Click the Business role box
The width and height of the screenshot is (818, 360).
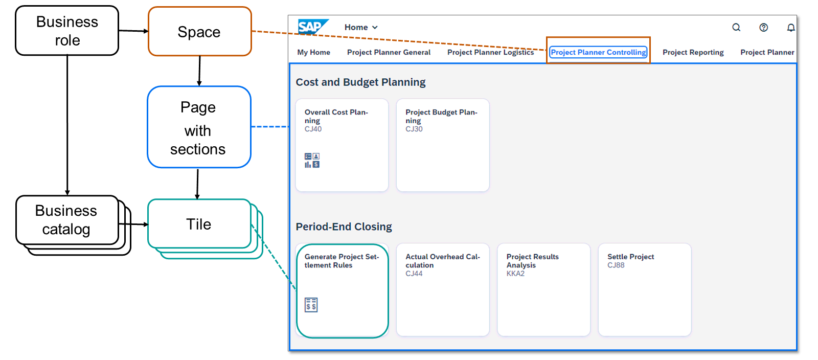[67, 31]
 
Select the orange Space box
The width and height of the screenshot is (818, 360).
[199, 32]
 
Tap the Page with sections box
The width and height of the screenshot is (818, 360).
[199, 127]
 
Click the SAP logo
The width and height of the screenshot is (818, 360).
[311, 27]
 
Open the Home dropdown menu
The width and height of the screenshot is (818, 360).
[361, 27]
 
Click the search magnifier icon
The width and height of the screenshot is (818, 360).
[736, 27]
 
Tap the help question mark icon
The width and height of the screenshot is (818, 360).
[763, 27]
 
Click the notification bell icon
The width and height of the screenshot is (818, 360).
[790, 27]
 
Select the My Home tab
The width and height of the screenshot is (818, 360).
[313, 52]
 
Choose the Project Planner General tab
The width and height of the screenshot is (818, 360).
[389, 52]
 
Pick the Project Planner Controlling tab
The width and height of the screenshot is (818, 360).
[598, 52]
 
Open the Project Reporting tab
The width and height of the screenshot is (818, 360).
[693, 52]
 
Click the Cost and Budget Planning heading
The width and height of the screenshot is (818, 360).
[360, 82]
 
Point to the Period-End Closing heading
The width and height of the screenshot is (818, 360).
[344, 227]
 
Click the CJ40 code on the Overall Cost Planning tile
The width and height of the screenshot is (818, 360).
[313, 129]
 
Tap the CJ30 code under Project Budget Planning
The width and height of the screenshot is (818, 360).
[414, 129]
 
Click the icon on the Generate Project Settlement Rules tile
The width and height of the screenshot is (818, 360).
[311, 305]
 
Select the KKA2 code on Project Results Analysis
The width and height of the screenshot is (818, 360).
[515, 274]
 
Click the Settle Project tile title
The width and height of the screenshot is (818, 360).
[630, 257]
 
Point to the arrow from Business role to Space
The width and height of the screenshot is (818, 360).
[133, 31]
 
